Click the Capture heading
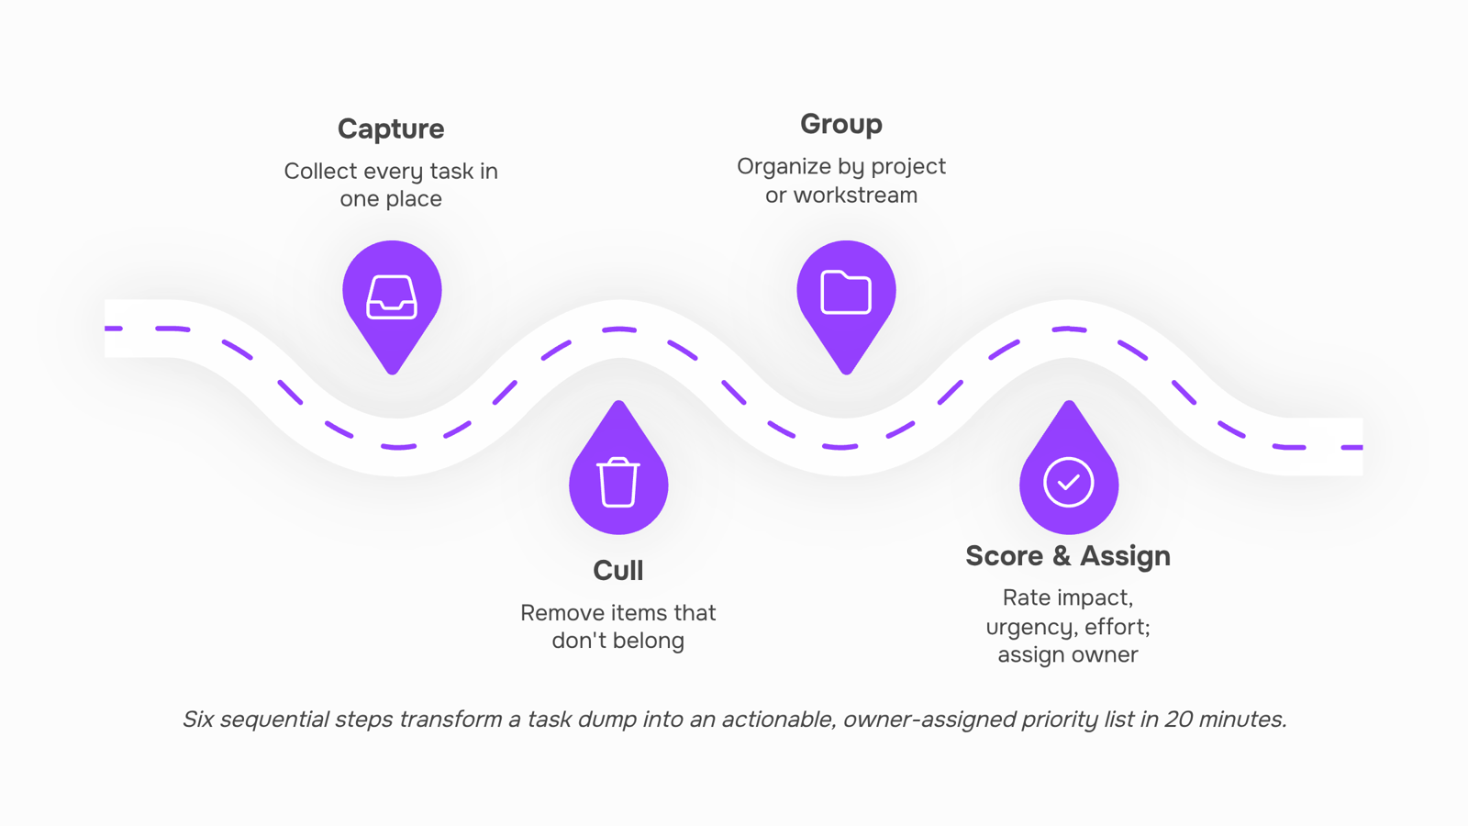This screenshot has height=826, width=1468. tap(391, 129)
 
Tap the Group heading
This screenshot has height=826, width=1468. tap(840, 125)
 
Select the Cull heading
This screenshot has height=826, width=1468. tap(618, 570)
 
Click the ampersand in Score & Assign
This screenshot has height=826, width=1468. tap(1062, 556)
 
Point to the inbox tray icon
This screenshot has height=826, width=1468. tap(391, 297)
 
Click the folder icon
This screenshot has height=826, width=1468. tap(845, 292)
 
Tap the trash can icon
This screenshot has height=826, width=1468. tap(618, 483)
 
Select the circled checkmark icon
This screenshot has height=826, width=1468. tap(1068, 482)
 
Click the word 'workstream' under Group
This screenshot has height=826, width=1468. tap(855, 195)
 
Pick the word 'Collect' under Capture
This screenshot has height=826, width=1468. tap(320, 171)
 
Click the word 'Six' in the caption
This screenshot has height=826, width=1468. tap(198, 720)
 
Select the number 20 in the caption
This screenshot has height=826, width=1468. tap(1178, 720)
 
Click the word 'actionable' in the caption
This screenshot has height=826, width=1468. tap(779, 720)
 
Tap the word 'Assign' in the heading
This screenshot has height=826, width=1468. tap(1125, 556)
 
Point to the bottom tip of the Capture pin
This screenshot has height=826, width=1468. tap(392, 374)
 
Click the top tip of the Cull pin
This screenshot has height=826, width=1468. tap(618, 401)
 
